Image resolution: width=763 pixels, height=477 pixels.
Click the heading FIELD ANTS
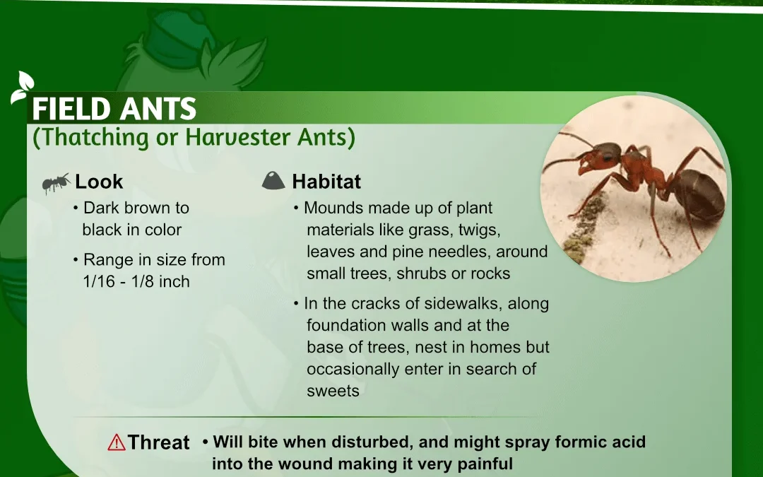click(x=114, y=108)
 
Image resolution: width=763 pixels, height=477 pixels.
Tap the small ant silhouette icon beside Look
click(x=56, y=183)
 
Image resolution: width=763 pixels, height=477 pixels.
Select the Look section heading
click(x=99, y=182)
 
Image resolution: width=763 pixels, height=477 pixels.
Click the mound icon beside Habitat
click(x=273, y=180)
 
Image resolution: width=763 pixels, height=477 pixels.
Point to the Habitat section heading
click(x=326, y=182)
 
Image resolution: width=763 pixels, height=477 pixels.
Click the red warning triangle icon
click(x=117, y=442)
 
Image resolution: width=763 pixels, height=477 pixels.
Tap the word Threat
click(x=159, y=442)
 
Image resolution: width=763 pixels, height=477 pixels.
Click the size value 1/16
click(x=100, y=281)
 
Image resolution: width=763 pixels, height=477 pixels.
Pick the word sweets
click(x=333, y=391)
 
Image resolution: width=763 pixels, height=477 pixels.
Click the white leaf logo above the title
click(x=23, y=87)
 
